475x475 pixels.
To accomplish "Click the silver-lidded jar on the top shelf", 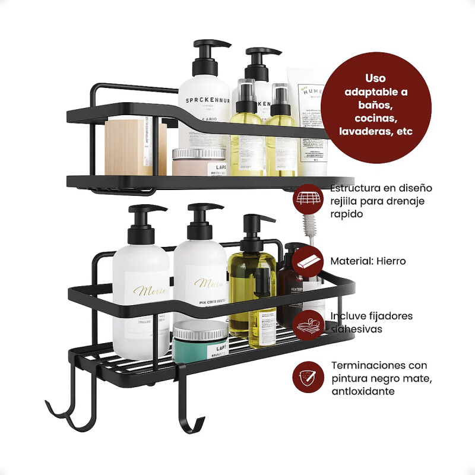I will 199,162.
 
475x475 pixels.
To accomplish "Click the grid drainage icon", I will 308,198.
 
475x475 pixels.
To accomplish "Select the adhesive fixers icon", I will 308,322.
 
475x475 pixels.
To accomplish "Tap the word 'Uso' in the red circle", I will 376,78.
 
